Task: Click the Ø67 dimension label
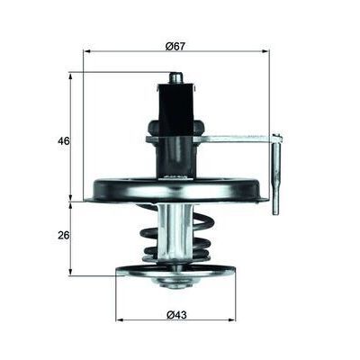175,45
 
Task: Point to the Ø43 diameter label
175,314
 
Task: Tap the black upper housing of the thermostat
176,112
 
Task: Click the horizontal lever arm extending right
238,138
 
